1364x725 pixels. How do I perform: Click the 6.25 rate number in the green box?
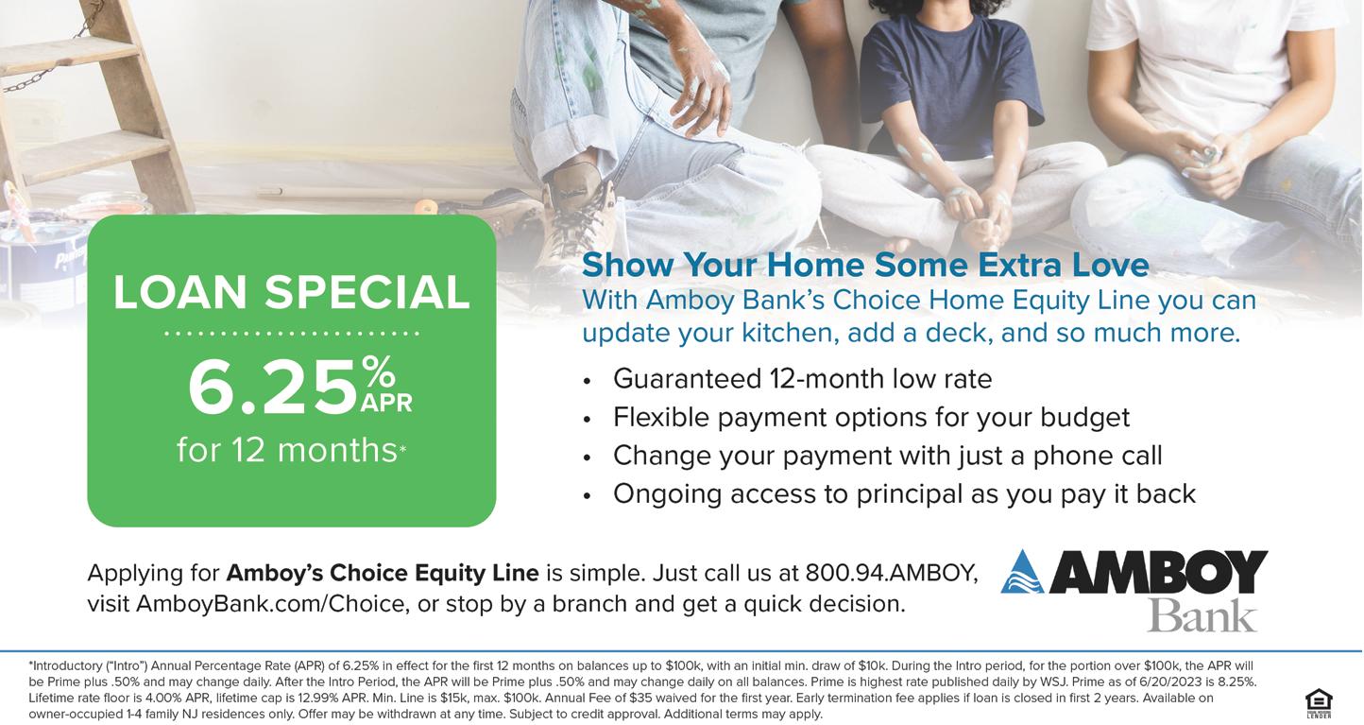272,388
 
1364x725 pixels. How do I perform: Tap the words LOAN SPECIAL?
292,292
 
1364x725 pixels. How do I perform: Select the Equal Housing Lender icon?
1319,703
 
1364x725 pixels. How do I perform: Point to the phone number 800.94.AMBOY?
892,573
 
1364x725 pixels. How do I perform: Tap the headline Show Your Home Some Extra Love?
865,265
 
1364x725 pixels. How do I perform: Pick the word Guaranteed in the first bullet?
688,379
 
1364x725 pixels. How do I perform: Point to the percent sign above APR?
379,372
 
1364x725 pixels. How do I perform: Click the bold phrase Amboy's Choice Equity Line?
383,574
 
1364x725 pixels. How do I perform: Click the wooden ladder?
92,104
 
